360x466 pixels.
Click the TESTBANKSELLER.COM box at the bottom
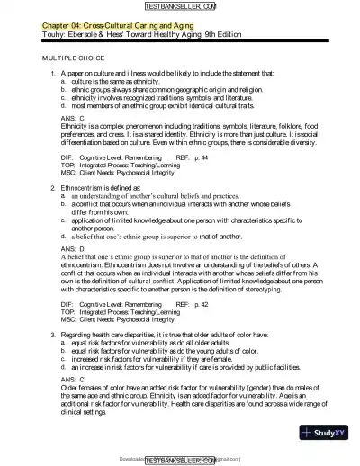(180, 459)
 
